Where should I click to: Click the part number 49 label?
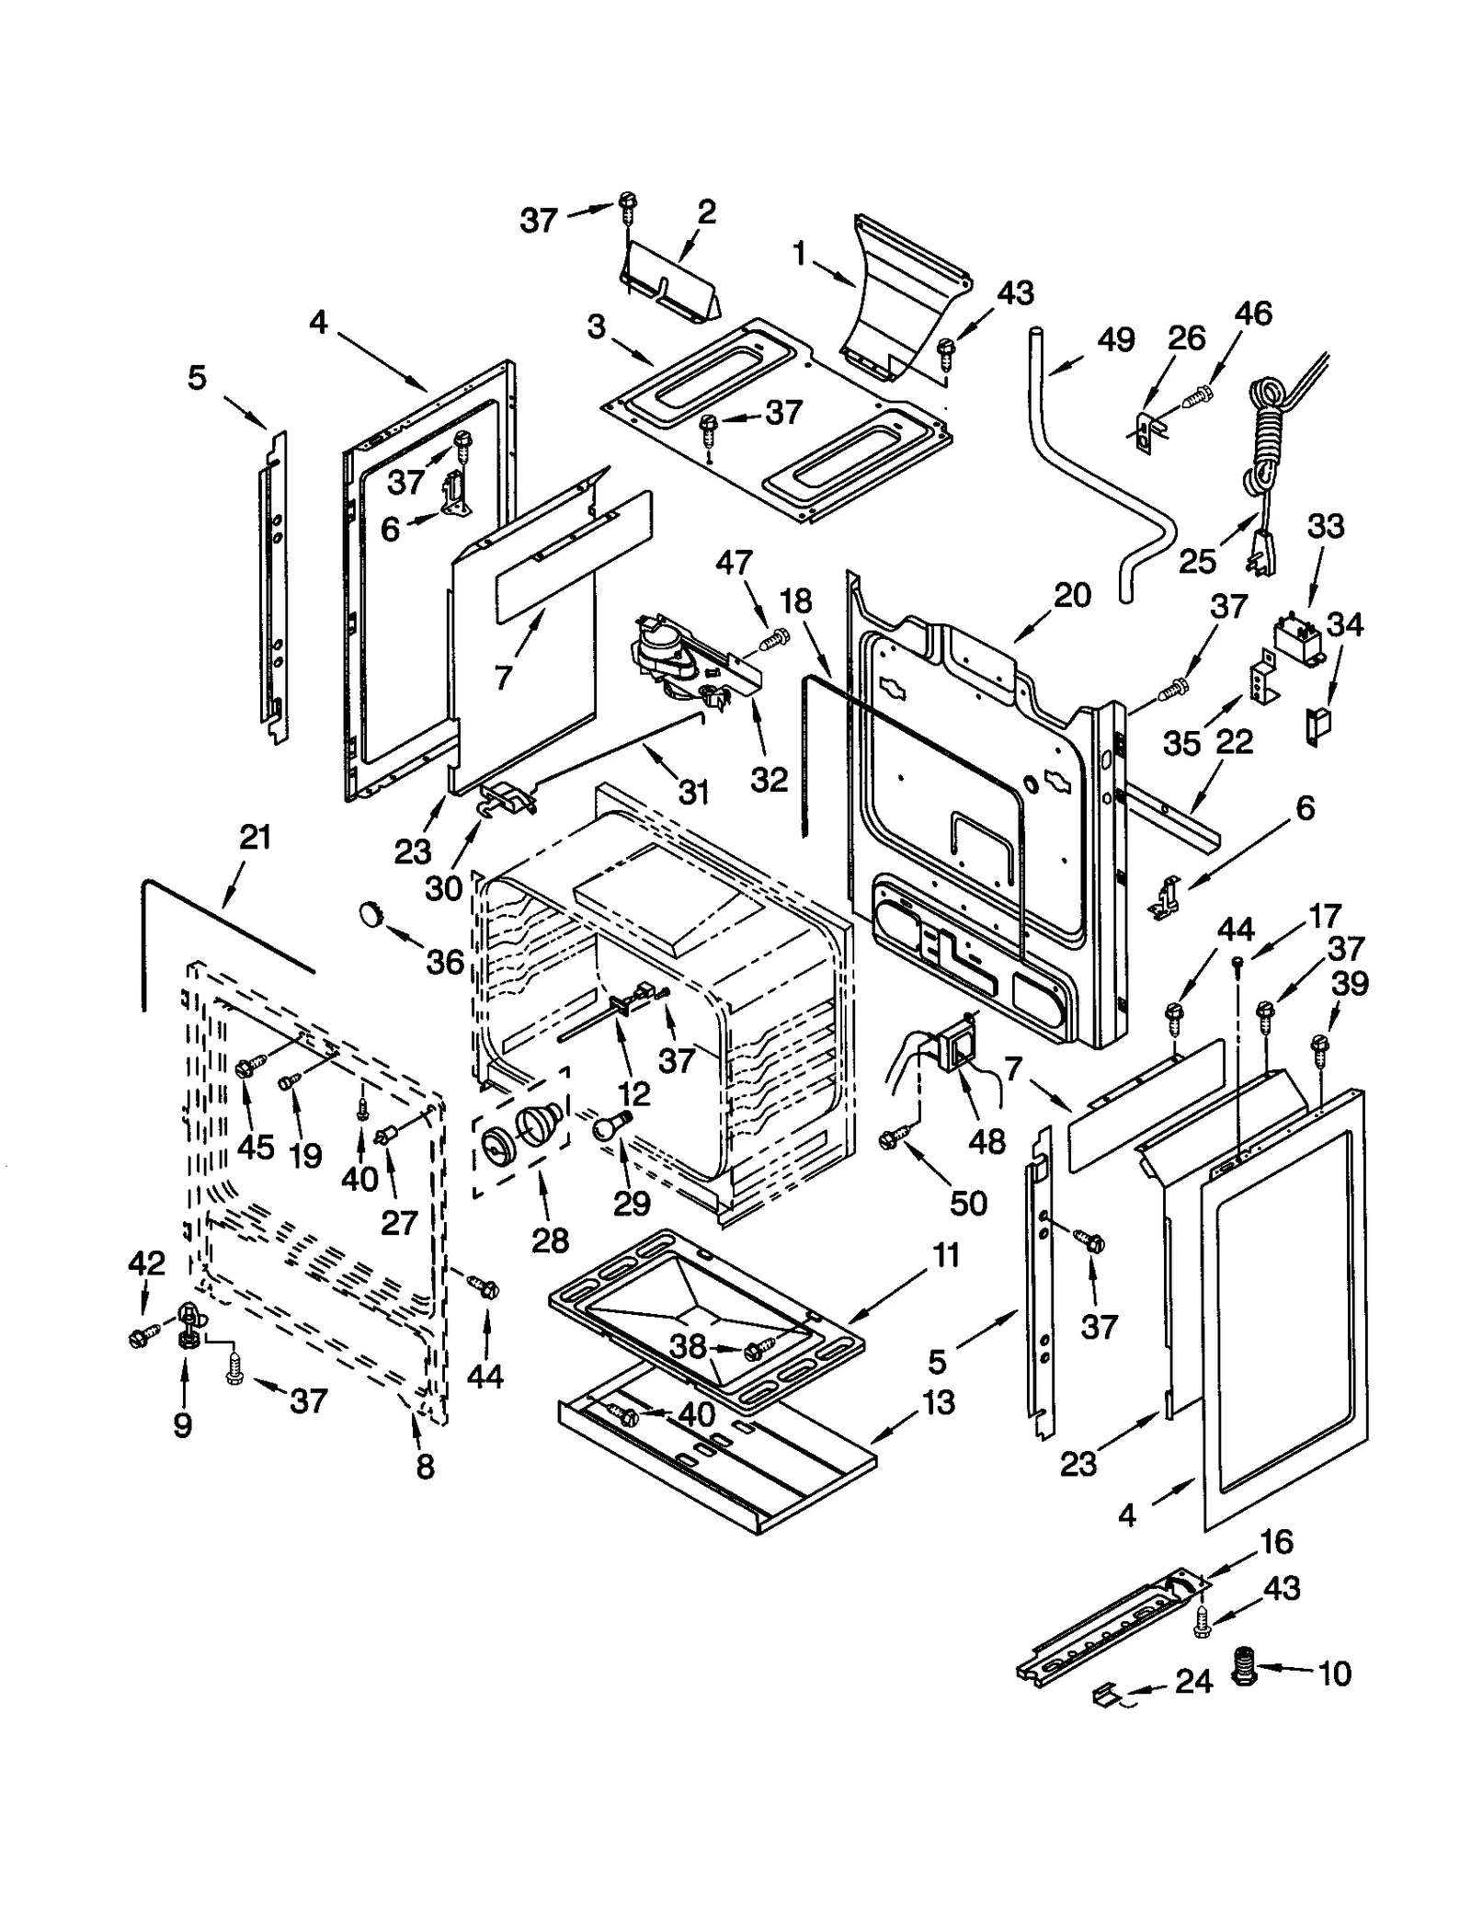pyautogui.click(x=1116, y=341)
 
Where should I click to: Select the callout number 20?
pyautogui.click(x=1072, y=595)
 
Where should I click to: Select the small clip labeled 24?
pyautogui.click(x=1105, y=1693)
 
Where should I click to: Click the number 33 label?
pyautogui.click(x=1326, y=527)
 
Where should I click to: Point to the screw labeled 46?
pyautogui.click(x=1198, y=396)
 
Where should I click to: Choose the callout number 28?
pyautogui.click(x=551, y=1240)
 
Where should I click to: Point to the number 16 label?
pyautogui.click(x=1276, y=1540)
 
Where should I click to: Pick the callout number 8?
pyautogui.click(x=425, y=1466)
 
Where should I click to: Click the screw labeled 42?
pyautogui.click(x=142, y=1337)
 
